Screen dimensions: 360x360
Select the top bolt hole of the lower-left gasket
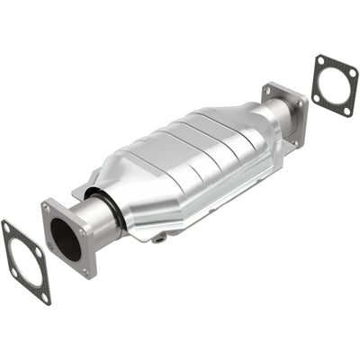[7, 226]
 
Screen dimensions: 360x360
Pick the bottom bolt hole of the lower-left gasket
[44, 296]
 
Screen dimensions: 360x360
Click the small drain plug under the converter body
[159, 239]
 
